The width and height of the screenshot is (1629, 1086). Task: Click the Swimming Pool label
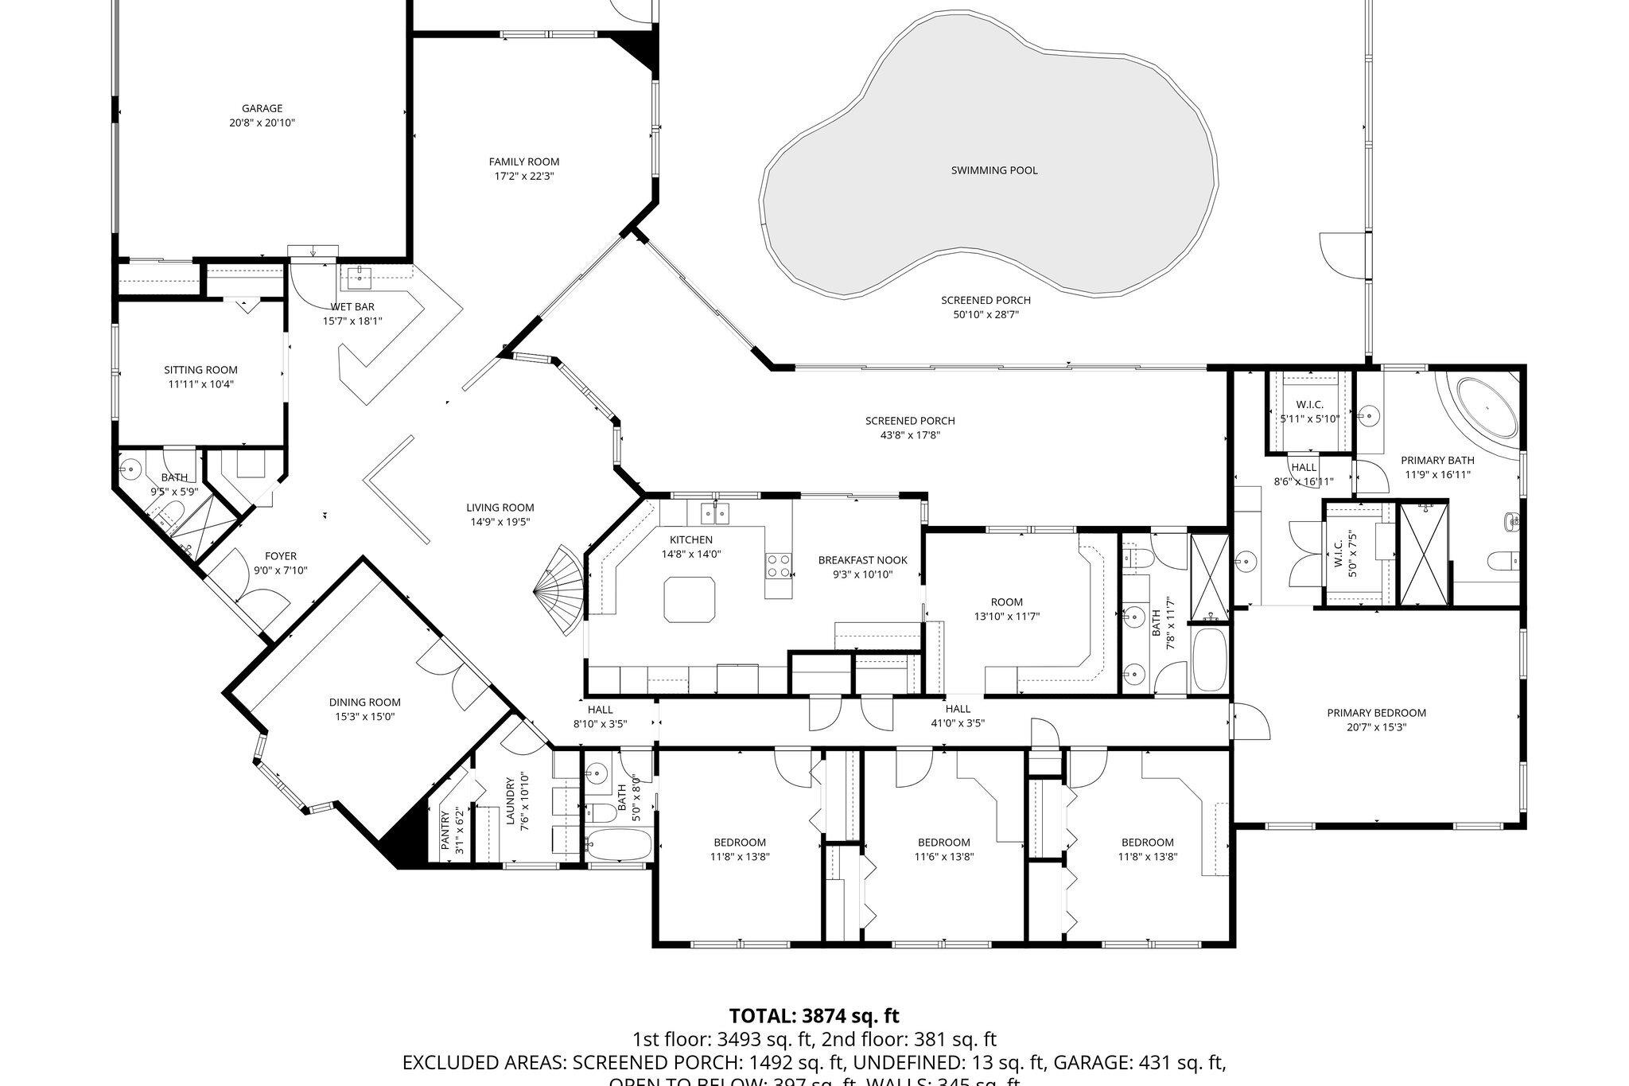[993, 170]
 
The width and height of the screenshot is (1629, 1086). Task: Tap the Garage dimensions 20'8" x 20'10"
[262, 123]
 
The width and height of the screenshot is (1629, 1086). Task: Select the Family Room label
[523, 162]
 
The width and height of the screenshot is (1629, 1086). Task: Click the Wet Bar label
[352, 307]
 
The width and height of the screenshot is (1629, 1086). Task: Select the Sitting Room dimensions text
[200, 384]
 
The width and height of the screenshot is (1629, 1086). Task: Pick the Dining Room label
[364, 703]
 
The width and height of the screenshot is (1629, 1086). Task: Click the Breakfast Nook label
[862, 560]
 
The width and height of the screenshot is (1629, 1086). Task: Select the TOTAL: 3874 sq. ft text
[814, 1015]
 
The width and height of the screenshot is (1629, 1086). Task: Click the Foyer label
[281, 556]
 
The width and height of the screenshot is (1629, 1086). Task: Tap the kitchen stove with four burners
[778, 565]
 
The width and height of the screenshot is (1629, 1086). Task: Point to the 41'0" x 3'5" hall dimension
[958, 723]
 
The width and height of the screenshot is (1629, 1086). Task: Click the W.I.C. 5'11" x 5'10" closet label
[1308, 405]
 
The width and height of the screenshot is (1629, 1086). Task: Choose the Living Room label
[500, 508]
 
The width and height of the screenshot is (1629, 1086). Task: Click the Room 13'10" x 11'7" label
[1007, 602]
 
